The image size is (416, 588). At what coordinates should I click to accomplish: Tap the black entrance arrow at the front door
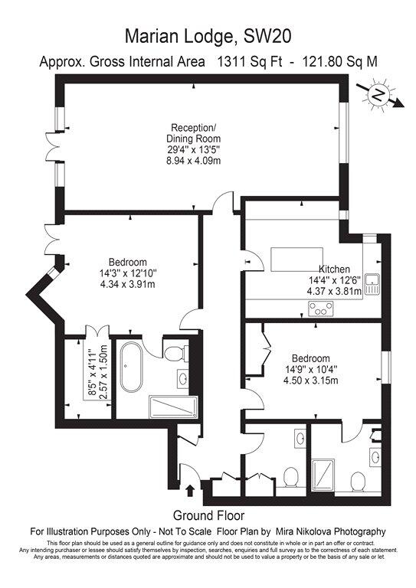point(190,491)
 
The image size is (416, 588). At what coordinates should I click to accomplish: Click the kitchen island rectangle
point(296,259)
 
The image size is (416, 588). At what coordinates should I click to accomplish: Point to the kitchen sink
point(373,284)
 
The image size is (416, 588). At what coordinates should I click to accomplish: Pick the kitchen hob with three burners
point(322,309)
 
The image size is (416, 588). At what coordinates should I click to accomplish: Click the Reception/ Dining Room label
point(194,132)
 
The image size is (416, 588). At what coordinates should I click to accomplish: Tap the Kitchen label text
point(334,269)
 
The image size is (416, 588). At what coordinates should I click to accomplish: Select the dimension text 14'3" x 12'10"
point(127,273)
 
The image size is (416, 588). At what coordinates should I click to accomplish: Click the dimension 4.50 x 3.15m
point(310,381)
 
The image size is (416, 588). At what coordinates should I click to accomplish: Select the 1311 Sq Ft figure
point(250,61)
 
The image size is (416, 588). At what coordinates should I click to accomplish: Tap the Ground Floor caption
point(208,515)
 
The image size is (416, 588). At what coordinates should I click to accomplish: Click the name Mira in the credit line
point(286,531)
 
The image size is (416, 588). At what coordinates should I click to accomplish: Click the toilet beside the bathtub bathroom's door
point(174,353)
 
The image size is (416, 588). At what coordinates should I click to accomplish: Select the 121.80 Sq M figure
point(340,61)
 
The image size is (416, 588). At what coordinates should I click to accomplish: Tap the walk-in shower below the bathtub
point(173,407)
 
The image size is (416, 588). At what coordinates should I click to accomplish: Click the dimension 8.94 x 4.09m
point(194,161)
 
